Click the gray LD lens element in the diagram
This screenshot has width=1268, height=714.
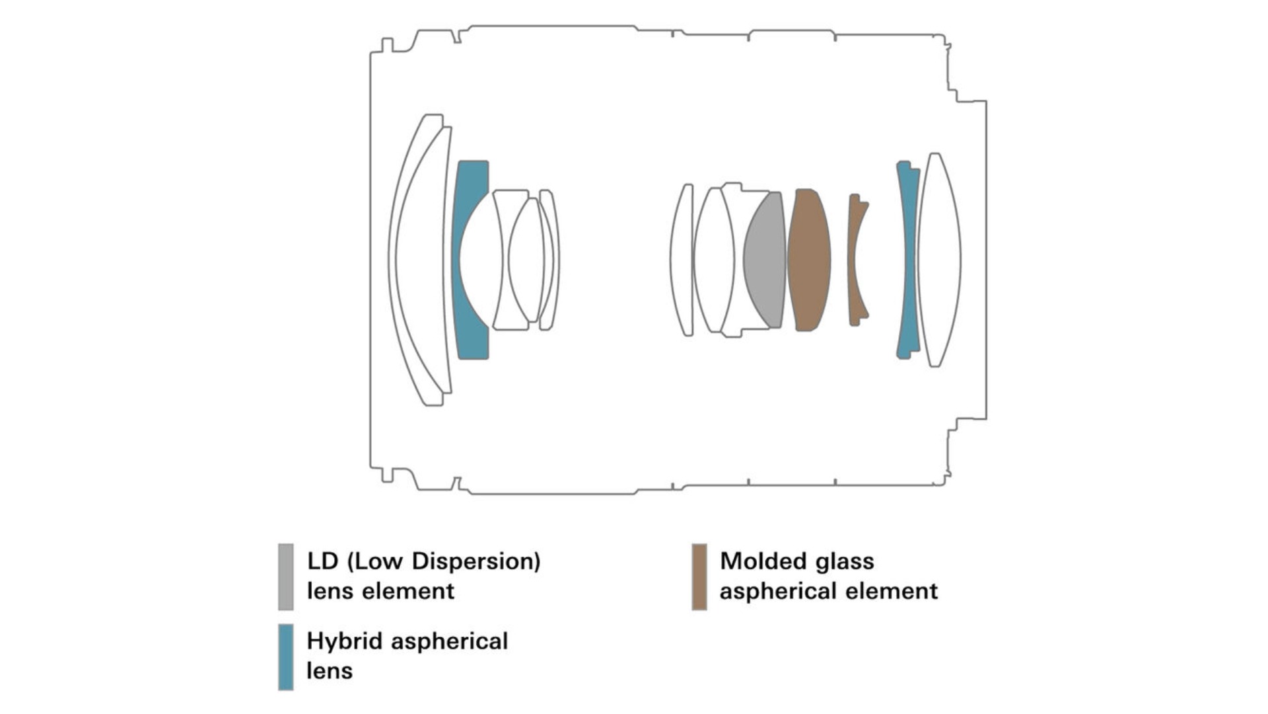765,260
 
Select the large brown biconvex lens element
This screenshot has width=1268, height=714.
808,260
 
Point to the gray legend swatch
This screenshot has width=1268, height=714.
286,576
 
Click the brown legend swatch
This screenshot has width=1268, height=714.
699,576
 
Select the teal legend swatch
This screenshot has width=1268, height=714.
286,657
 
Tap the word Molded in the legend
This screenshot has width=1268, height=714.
764,561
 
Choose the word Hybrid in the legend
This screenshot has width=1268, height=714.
345,642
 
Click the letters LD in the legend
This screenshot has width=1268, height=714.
323,561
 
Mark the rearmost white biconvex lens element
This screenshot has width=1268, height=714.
939,260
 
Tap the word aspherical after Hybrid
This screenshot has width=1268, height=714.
449,642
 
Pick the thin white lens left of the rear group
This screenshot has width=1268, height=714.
682,260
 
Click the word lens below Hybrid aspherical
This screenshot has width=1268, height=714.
330,671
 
